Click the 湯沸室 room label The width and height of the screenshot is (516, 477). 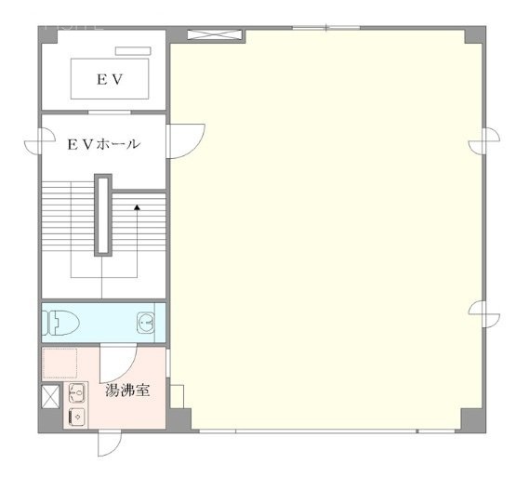129,390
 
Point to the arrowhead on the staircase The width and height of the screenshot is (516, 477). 137,208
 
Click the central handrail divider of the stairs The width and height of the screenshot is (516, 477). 104,215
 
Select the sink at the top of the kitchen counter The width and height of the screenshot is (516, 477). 76,393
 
